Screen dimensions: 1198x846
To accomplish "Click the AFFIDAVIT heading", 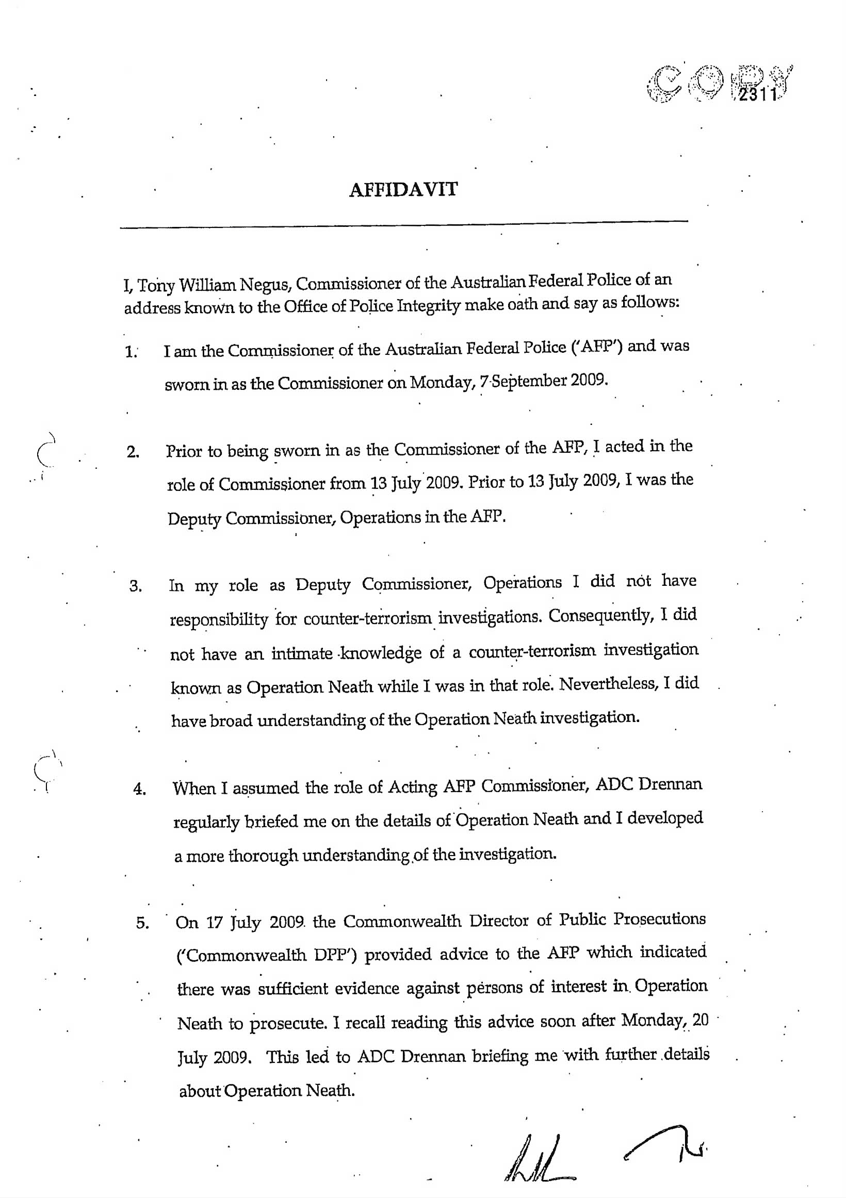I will [403, 189].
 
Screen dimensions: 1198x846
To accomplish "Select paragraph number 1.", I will [131, 352].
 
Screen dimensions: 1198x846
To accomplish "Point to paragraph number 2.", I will [133, 452].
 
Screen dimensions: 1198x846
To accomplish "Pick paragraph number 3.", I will [136, 587].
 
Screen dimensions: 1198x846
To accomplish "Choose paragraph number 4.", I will [139, 790].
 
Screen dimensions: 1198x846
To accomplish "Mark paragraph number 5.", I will [142, 924].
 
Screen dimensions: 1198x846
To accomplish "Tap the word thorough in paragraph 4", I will [264, 857].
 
